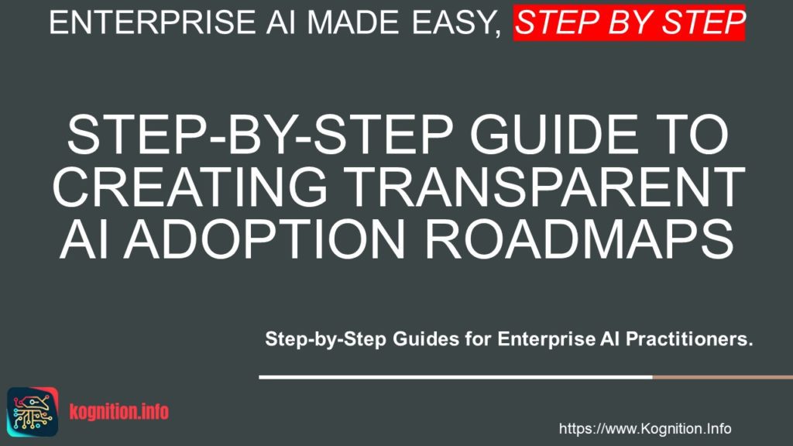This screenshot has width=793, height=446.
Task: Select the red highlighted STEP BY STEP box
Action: [x=630, y=23]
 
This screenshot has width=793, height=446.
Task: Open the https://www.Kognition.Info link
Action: [x=644, y=429]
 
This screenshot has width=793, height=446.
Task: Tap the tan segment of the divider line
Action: [x=722, y=378]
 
